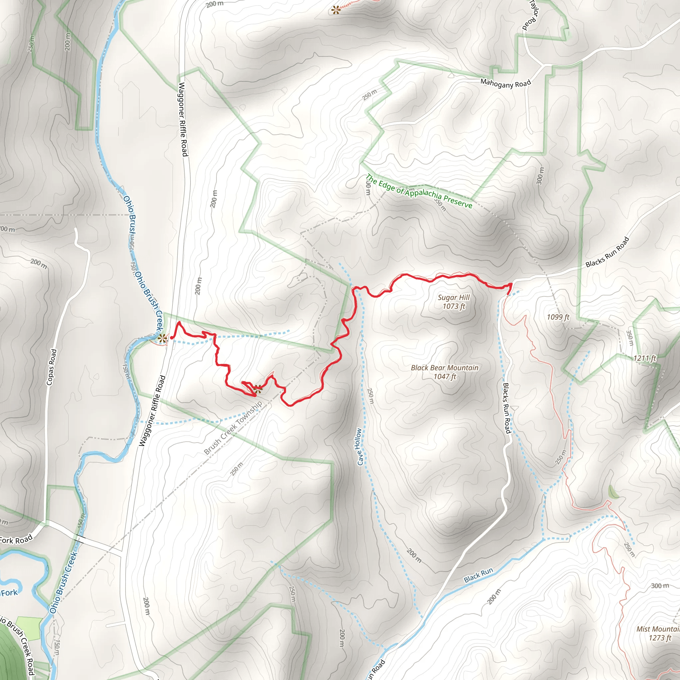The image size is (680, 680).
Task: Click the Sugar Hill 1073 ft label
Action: click(454, 301)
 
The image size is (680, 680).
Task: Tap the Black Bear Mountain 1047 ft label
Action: click(445, 372)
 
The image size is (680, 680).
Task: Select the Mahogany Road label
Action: click(505, 84)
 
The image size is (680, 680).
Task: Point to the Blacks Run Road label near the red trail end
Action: click(607, 252)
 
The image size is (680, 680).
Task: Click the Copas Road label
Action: click(51, 367)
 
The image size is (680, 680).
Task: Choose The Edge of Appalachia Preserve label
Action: click(419, 191)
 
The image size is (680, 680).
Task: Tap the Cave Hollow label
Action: click(359, 447)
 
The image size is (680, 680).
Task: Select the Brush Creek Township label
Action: click(233, 427)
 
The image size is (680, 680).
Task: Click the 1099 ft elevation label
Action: click(558, 317)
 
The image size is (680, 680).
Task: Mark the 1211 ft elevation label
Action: click(645, 358)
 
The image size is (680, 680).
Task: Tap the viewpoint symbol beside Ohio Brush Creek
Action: click(162, 339)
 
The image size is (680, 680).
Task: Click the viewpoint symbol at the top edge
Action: click(336, 10)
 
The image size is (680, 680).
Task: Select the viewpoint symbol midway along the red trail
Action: click(258, 388)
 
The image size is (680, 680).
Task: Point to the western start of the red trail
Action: click(171, 338)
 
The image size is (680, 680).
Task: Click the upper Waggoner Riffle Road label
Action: click(183, 119)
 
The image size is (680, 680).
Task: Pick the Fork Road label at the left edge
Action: click(16, 539)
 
